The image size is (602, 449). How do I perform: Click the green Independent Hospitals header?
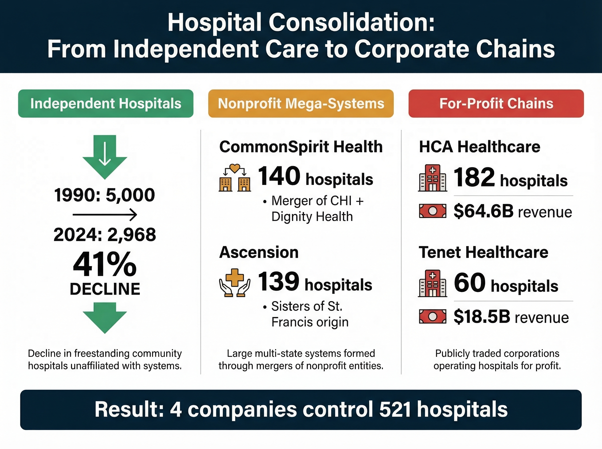coord(106,103)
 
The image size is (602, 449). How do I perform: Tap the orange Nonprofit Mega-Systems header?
coord(300,103)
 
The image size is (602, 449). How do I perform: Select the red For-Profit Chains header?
coord(496,103)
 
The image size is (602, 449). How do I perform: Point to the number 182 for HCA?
coord(474,177)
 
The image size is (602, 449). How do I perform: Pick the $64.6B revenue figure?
coord(483,211)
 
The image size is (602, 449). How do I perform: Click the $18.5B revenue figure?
coord(482,317)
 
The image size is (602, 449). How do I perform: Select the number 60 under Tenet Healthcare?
coord(470,283)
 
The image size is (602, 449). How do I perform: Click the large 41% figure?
coord(105,264)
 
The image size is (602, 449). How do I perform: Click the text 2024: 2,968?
coord(105,235)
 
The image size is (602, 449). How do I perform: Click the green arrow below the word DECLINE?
coord(105,317)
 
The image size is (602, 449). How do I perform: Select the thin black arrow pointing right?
coord(105,215)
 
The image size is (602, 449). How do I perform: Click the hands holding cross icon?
coord(235,283)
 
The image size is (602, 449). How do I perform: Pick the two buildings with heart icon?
coord(235,178)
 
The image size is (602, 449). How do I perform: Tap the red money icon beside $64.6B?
coord(432,211)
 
